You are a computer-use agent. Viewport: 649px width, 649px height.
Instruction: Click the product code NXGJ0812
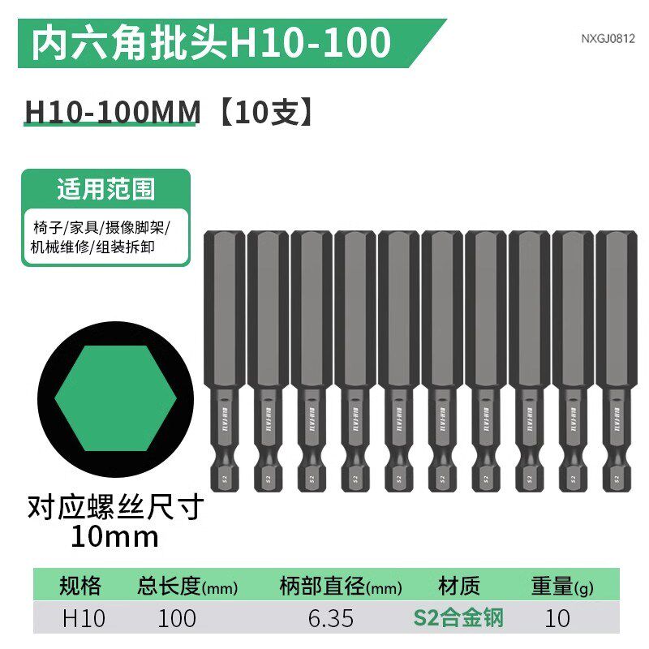tap(608, 38)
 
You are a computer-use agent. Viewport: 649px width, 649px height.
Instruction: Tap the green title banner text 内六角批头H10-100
tap(210, 43)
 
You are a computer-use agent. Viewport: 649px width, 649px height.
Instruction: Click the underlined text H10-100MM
tap(112, 112)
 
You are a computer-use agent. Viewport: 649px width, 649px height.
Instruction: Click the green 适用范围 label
tap(105, 190)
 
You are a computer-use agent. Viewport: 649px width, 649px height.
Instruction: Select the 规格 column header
tap(80, 586)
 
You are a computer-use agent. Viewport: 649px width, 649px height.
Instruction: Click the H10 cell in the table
tap(84, 618)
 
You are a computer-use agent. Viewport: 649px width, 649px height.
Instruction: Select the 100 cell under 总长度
tap(176, 618)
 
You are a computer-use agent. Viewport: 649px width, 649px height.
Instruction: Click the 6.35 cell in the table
tap(331, 618)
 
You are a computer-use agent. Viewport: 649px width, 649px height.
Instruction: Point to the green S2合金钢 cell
tap(459, 618)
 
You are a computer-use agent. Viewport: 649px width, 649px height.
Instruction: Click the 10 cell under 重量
tap(557, 618)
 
